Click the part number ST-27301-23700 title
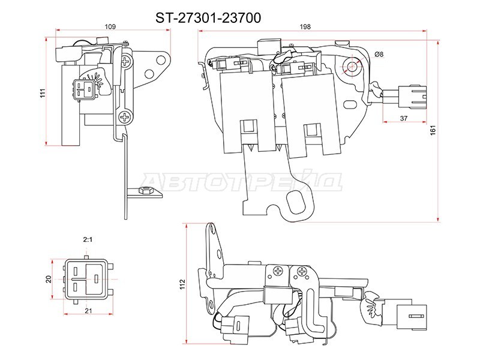click(x=208, y=18)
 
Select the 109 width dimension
click(x=110, y=26)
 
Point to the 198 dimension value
click(x=304, y=26)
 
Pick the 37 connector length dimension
click(x=403, y=119)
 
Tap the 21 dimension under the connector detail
click(x=88, y=310)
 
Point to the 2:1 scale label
click(x=88, y=239)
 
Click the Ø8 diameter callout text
click(x=379, y=55)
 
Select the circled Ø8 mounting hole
click(x=351, y=67)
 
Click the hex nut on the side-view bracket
click(x=145, y=191)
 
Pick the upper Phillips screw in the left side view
click(x=126, y=61)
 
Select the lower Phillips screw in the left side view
click(x=125, y=116)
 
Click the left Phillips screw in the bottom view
click(x=278, y=272)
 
